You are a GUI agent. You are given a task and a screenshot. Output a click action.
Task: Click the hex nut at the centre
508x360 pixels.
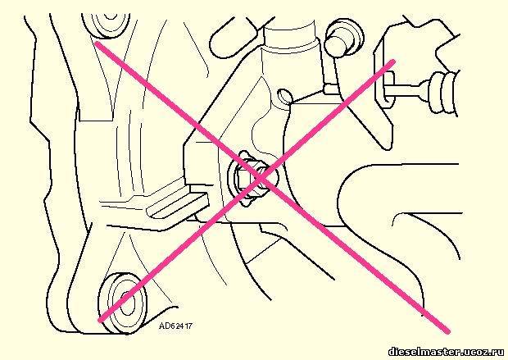coord(250,179)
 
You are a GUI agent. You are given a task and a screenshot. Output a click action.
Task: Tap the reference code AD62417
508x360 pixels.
coord(175,326)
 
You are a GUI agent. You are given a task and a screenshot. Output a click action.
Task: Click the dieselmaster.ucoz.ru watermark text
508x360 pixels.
coord(447,352)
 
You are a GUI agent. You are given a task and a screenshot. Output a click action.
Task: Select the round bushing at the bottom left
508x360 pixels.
coord(123,303)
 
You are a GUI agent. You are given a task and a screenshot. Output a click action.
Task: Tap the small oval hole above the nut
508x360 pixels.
coord(285,97)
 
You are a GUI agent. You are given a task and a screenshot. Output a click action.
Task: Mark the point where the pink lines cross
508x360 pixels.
coord(261,178)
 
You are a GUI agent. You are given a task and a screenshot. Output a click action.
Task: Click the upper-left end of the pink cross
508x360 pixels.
coord(98,44)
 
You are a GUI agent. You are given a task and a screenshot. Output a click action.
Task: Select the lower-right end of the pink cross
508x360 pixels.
coord(447,330)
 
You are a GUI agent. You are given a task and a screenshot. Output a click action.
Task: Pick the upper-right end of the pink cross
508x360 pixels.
coord(392,62)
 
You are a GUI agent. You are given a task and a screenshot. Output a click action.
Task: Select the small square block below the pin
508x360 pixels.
coord(331,89)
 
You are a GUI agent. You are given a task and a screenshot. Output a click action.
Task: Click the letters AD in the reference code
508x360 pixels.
coord(163,326)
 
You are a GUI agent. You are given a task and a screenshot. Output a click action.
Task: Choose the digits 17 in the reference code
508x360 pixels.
coord(188,326)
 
